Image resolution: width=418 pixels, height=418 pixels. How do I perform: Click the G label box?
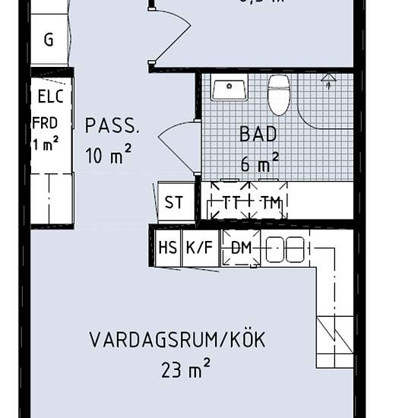49,40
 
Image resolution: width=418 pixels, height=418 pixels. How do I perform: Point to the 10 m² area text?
109,157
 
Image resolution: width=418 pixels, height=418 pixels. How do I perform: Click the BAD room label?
258,135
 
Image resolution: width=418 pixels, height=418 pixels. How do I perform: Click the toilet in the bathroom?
279,94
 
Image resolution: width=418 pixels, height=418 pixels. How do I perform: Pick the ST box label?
174,203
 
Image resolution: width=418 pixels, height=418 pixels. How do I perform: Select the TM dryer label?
268,202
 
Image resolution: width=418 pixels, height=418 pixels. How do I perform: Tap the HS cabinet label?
168,248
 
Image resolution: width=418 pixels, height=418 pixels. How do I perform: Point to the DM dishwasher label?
241,248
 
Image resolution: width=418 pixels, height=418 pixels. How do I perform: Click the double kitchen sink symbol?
285,249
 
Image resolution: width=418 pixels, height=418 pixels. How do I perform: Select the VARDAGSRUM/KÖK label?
177,340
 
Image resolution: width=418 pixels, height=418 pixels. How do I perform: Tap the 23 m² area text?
185,370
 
